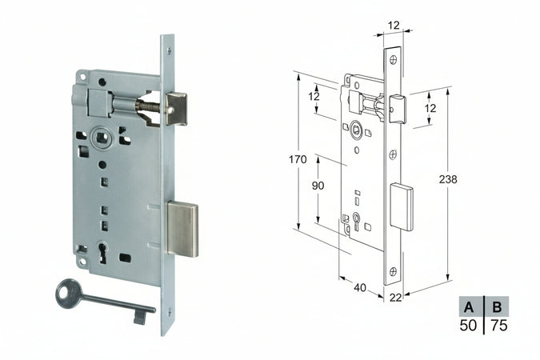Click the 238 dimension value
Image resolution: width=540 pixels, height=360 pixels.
point(448,180)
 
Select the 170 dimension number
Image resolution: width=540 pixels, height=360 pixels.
point(298,159)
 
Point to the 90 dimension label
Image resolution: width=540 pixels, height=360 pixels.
point(318,186)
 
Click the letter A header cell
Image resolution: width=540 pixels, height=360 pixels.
point(471,306)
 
